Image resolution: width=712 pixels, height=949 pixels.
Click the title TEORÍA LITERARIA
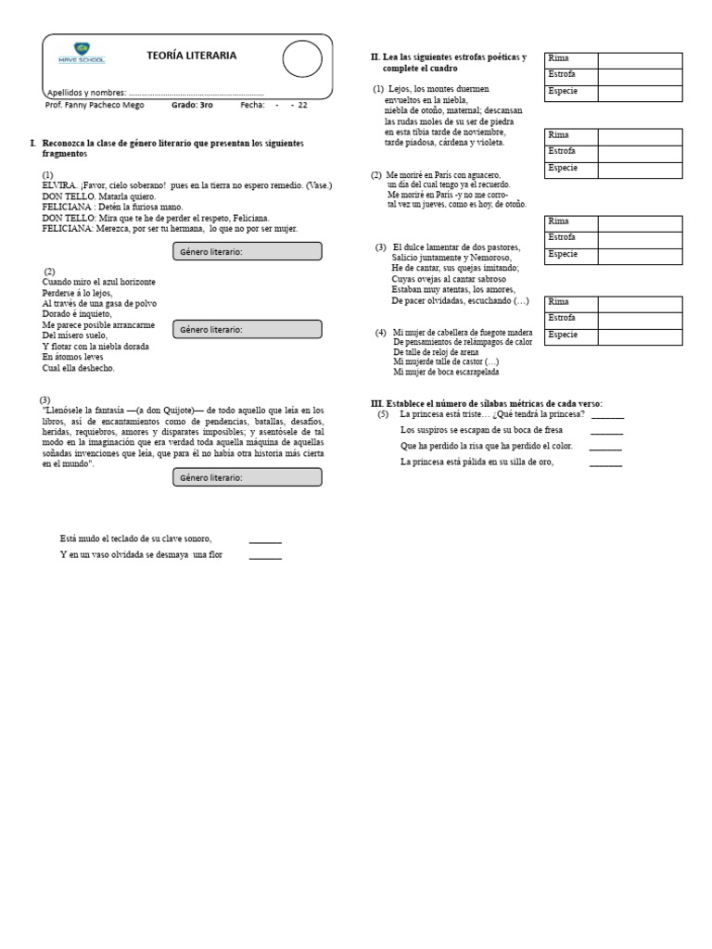(x=191, y=57)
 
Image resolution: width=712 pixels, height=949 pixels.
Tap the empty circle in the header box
(x=302, y=58)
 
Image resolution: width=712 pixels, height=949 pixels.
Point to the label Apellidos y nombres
(x=86, y=93)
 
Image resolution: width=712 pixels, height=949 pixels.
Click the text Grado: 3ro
(x=192, y=106)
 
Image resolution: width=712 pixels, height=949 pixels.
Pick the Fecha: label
(x=252, y=106)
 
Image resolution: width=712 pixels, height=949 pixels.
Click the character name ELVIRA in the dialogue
(x=59, y=185)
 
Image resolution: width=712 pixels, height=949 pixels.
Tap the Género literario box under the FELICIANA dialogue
(x=247, y=251)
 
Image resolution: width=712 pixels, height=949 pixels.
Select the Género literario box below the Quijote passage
(x=247, y=477)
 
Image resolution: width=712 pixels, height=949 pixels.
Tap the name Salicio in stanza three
(x=409, y=258)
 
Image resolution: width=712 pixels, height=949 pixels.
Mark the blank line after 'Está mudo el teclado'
(x=265, y=540)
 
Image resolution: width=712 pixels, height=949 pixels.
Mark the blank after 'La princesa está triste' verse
(x=607, y=416)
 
